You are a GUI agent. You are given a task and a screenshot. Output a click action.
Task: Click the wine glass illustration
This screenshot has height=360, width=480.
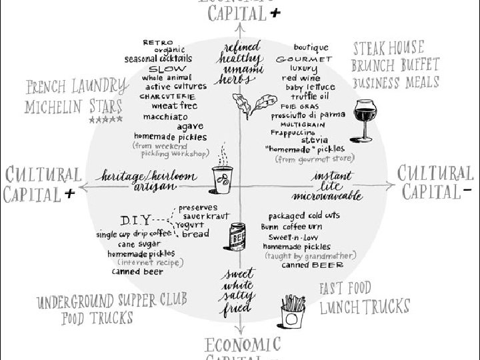(x=363, y=117)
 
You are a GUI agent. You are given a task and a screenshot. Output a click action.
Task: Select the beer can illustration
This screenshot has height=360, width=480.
(x=238, y=237)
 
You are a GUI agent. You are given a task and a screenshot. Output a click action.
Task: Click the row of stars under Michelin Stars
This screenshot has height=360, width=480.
(x=105, y=120)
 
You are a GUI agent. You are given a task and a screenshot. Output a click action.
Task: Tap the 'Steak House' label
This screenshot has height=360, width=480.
(x=388, y=48)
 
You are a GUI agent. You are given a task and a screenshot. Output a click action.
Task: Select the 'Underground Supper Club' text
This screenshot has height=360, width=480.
(x=112, y=301)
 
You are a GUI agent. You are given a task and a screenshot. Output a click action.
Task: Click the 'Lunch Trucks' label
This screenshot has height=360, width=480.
(x=364, y=307)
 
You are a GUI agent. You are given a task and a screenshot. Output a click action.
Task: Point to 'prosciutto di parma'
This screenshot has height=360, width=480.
(x=308, y=115)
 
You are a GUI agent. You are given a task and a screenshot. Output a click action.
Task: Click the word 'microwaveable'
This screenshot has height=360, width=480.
(x=327, y=195)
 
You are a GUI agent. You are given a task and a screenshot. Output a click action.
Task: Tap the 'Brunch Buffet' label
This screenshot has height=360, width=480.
(x=395, y=65)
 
